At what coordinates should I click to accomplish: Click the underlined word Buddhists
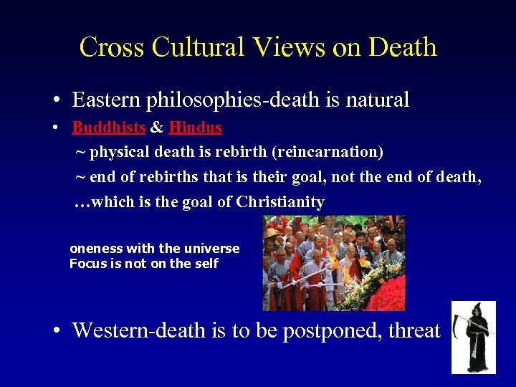(x=109, y=128)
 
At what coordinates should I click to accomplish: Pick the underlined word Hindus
(x=196, y=128)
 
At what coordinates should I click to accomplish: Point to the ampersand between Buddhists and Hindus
(x=157, y=128)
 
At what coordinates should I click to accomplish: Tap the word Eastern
(x=106, y=100)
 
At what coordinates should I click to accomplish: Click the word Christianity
(x=280, y=203)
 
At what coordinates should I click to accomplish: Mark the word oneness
(x=96, y=249)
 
